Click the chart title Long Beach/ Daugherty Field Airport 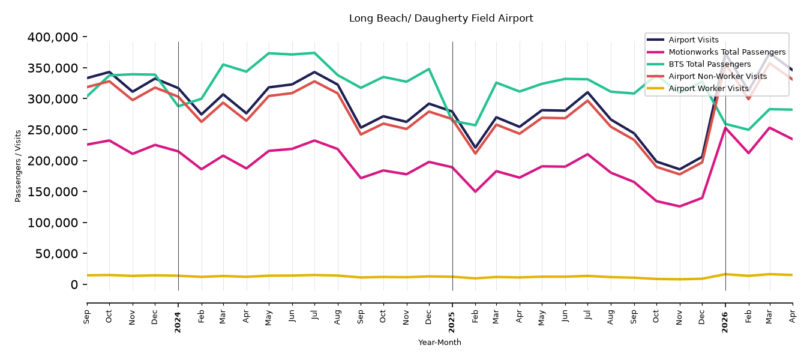click(441, 19)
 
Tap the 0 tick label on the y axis click(74, 284)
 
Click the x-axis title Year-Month click(440, 342)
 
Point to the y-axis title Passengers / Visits click(18, 166)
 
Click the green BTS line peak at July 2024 click(314, 53)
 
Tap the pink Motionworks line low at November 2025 click(679, 206)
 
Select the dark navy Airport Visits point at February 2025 click(475, 148)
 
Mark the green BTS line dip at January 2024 click(178, 106)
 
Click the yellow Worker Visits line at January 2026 click(725, 274)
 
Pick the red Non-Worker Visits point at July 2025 click(588, 100)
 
